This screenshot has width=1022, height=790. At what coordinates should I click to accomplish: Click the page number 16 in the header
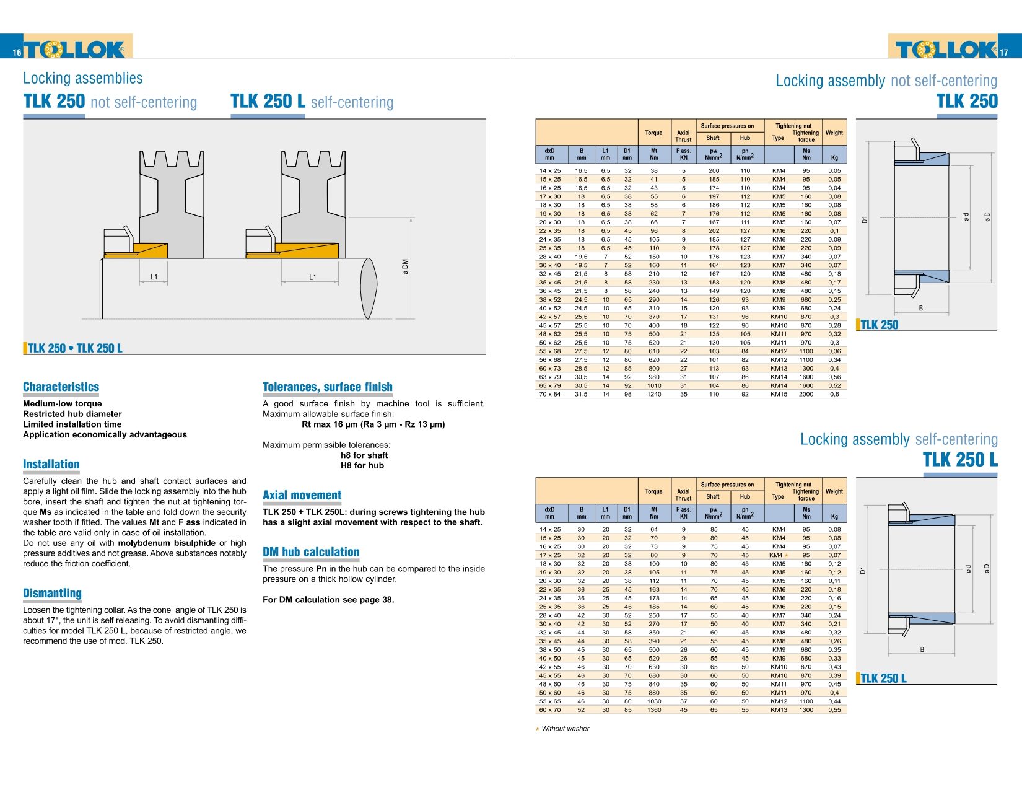pyautogui.click(x=17, y=53)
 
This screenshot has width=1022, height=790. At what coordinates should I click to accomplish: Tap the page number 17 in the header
pyautogui.click(x=1003, y=53)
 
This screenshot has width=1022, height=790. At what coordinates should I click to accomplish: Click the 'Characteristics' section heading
pyautogui.click(x=61, y=387)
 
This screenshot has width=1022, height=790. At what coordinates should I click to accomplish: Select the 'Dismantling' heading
pyautogui.click(x=52, y=593)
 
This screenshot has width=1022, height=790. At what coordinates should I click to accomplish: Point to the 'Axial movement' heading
pyautogui.click(x=302, y=495)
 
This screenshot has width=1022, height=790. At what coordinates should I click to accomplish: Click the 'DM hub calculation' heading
pyautogui.click(x=311, y=552)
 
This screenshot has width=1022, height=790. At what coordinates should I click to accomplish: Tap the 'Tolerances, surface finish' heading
pyautogui.click(x=328, y=387)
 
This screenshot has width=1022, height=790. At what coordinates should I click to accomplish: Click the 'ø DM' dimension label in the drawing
pyautogui.click(x=406, y=267)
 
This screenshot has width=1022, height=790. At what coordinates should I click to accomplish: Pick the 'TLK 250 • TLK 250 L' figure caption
pyautogui.click(x=75, y=348)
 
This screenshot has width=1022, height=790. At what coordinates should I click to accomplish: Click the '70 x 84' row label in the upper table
pyautogui.click(x=549, y=394)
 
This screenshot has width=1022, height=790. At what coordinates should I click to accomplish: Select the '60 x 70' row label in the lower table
pyautogui.click(x=549, y=710)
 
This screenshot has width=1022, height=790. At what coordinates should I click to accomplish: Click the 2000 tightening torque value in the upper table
pyautogui.click(x=806, y=394)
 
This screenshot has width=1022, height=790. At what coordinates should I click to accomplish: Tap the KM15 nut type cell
pyautogui.click(x=779, y=394)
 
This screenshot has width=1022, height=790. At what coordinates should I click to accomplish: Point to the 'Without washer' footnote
pyautogui.click(x=565, y=729)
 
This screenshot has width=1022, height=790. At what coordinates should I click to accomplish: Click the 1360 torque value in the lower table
pyautogui.click(x=654, y=710)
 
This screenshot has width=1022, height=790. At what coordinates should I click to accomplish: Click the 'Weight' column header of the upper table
pyautogui.click(x=834, y=133)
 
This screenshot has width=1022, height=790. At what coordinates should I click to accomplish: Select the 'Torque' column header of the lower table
pyautogui.click(x=653, y=491)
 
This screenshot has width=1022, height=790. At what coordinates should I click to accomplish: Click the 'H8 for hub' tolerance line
pyautogui.click(x=362, y=465)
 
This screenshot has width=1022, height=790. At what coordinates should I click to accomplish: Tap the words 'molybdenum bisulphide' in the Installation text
pyautogui.click(x=167, y=543)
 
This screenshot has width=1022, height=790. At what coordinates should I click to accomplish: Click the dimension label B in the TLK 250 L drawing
pyautogui.click(x=922, y=649)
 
